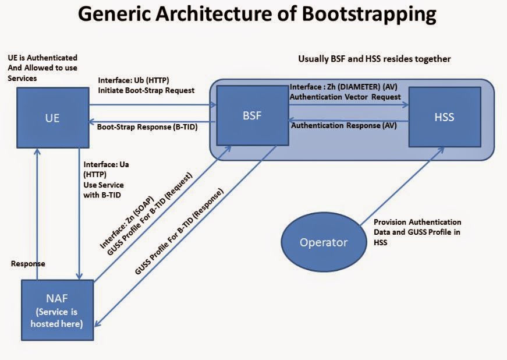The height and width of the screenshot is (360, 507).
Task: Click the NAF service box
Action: click(57, 309)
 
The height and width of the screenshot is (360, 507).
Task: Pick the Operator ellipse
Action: click(323, 242)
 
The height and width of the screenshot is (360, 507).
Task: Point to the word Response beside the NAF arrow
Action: click(28, 263)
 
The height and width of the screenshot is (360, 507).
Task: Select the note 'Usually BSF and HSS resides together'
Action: click(374, 59)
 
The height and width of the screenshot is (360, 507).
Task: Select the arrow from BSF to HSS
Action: click(349, 105)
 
